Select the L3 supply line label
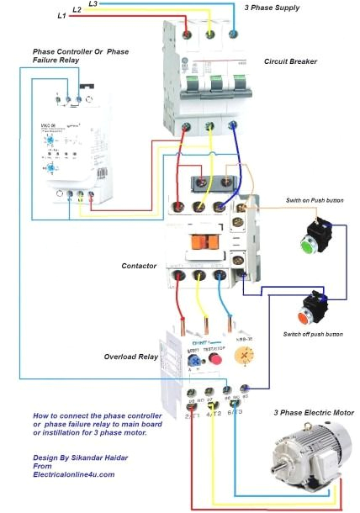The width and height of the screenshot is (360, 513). (x=92, y=4)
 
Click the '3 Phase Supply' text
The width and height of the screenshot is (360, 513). (x=272, y=8)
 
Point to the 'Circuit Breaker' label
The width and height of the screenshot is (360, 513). (x=290, y=61)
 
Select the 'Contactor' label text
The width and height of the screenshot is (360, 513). (x=139, y=266)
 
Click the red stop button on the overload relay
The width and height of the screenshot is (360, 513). (x=214, y=359)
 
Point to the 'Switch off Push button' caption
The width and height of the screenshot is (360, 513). (x=313, y=335)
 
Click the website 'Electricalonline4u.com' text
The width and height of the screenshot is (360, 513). (x=73, y=474)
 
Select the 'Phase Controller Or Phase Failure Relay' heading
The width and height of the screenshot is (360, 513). (x=80, y=56)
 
